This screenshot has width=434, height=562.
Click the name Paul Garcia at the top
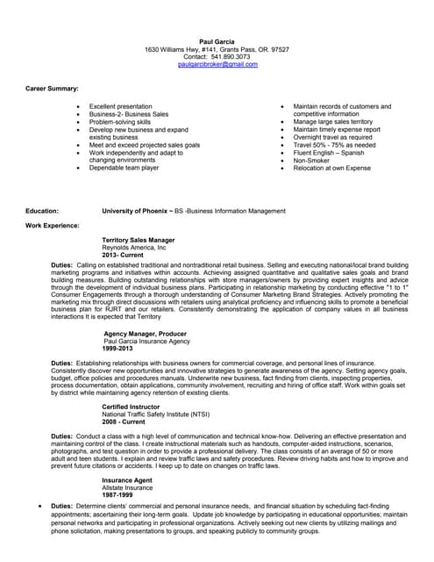[x=217, y=41]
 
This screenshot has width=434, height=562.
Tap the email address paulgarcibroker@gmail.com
[x=217, y=65]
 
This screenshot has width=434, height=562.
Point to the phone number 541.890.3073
[x=231, y=57]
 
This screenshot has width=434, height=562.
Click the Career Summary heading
[x=52, y=89]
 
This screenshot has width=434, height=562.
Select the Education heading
[x=42, y=212]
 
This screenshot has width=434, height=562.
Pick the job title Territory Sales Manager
[x=139, y=240]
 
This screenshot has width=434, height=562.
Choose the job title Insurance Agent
[x=127, y=480]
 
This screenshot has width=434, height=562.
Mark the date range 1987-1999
[x=118, y=495]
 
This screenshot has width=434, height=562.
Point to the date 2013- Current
[x=124, y=255]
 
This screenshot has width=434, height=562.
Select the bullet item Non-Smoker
[x=313, y=161]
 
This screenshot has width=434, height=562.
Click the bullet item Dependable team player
[x=125, y=168]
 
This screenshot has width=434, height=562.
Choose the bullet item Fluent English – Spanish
[x=329, y=153]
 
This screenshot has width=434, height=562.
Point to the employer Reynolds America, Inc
[x=134, y=248]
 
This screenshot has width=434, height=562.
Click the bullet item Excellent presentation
[x=121, y=105]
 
